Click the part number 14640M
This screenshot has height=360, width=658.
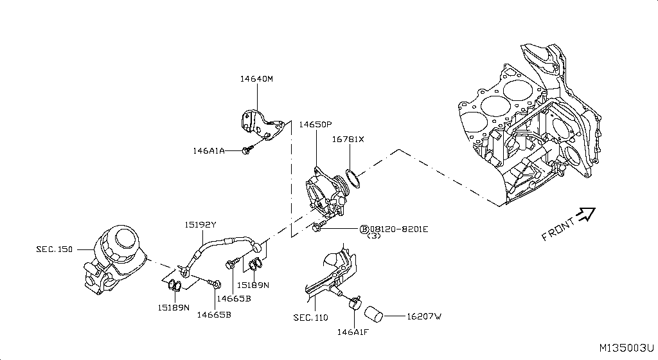(256, 79)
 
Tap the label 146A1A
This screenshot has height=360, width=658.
(209, 151)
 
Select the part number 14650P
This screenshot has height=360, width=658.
(315, 124)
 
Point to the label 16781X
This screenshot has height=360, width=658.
(348, 139)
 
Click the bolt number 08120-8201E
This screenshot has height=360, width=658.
(398, 229)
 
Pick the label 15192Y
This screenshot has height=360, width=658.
(200, 224)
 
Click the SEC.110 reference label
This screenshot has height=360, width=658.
(310, 318)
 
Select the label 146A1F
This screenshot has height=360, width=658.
(352, 333)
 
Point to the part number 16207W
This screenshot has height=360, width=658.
(423, 316)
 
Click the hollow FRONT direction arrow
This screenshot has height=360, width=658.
(585, 215)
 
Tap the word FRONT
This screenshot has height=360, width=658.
(558, 229)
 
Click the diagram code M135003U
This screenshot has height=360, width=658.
(626, 348)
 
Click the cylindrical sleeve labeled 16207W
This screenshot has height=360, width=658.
(374, 314)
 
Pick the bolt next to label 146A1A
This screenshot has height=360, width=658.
(247, 150)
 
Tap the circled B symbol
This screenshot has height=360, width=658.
(364, 229)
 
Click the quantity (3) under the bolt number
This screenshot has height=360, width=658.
(373, 237)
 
